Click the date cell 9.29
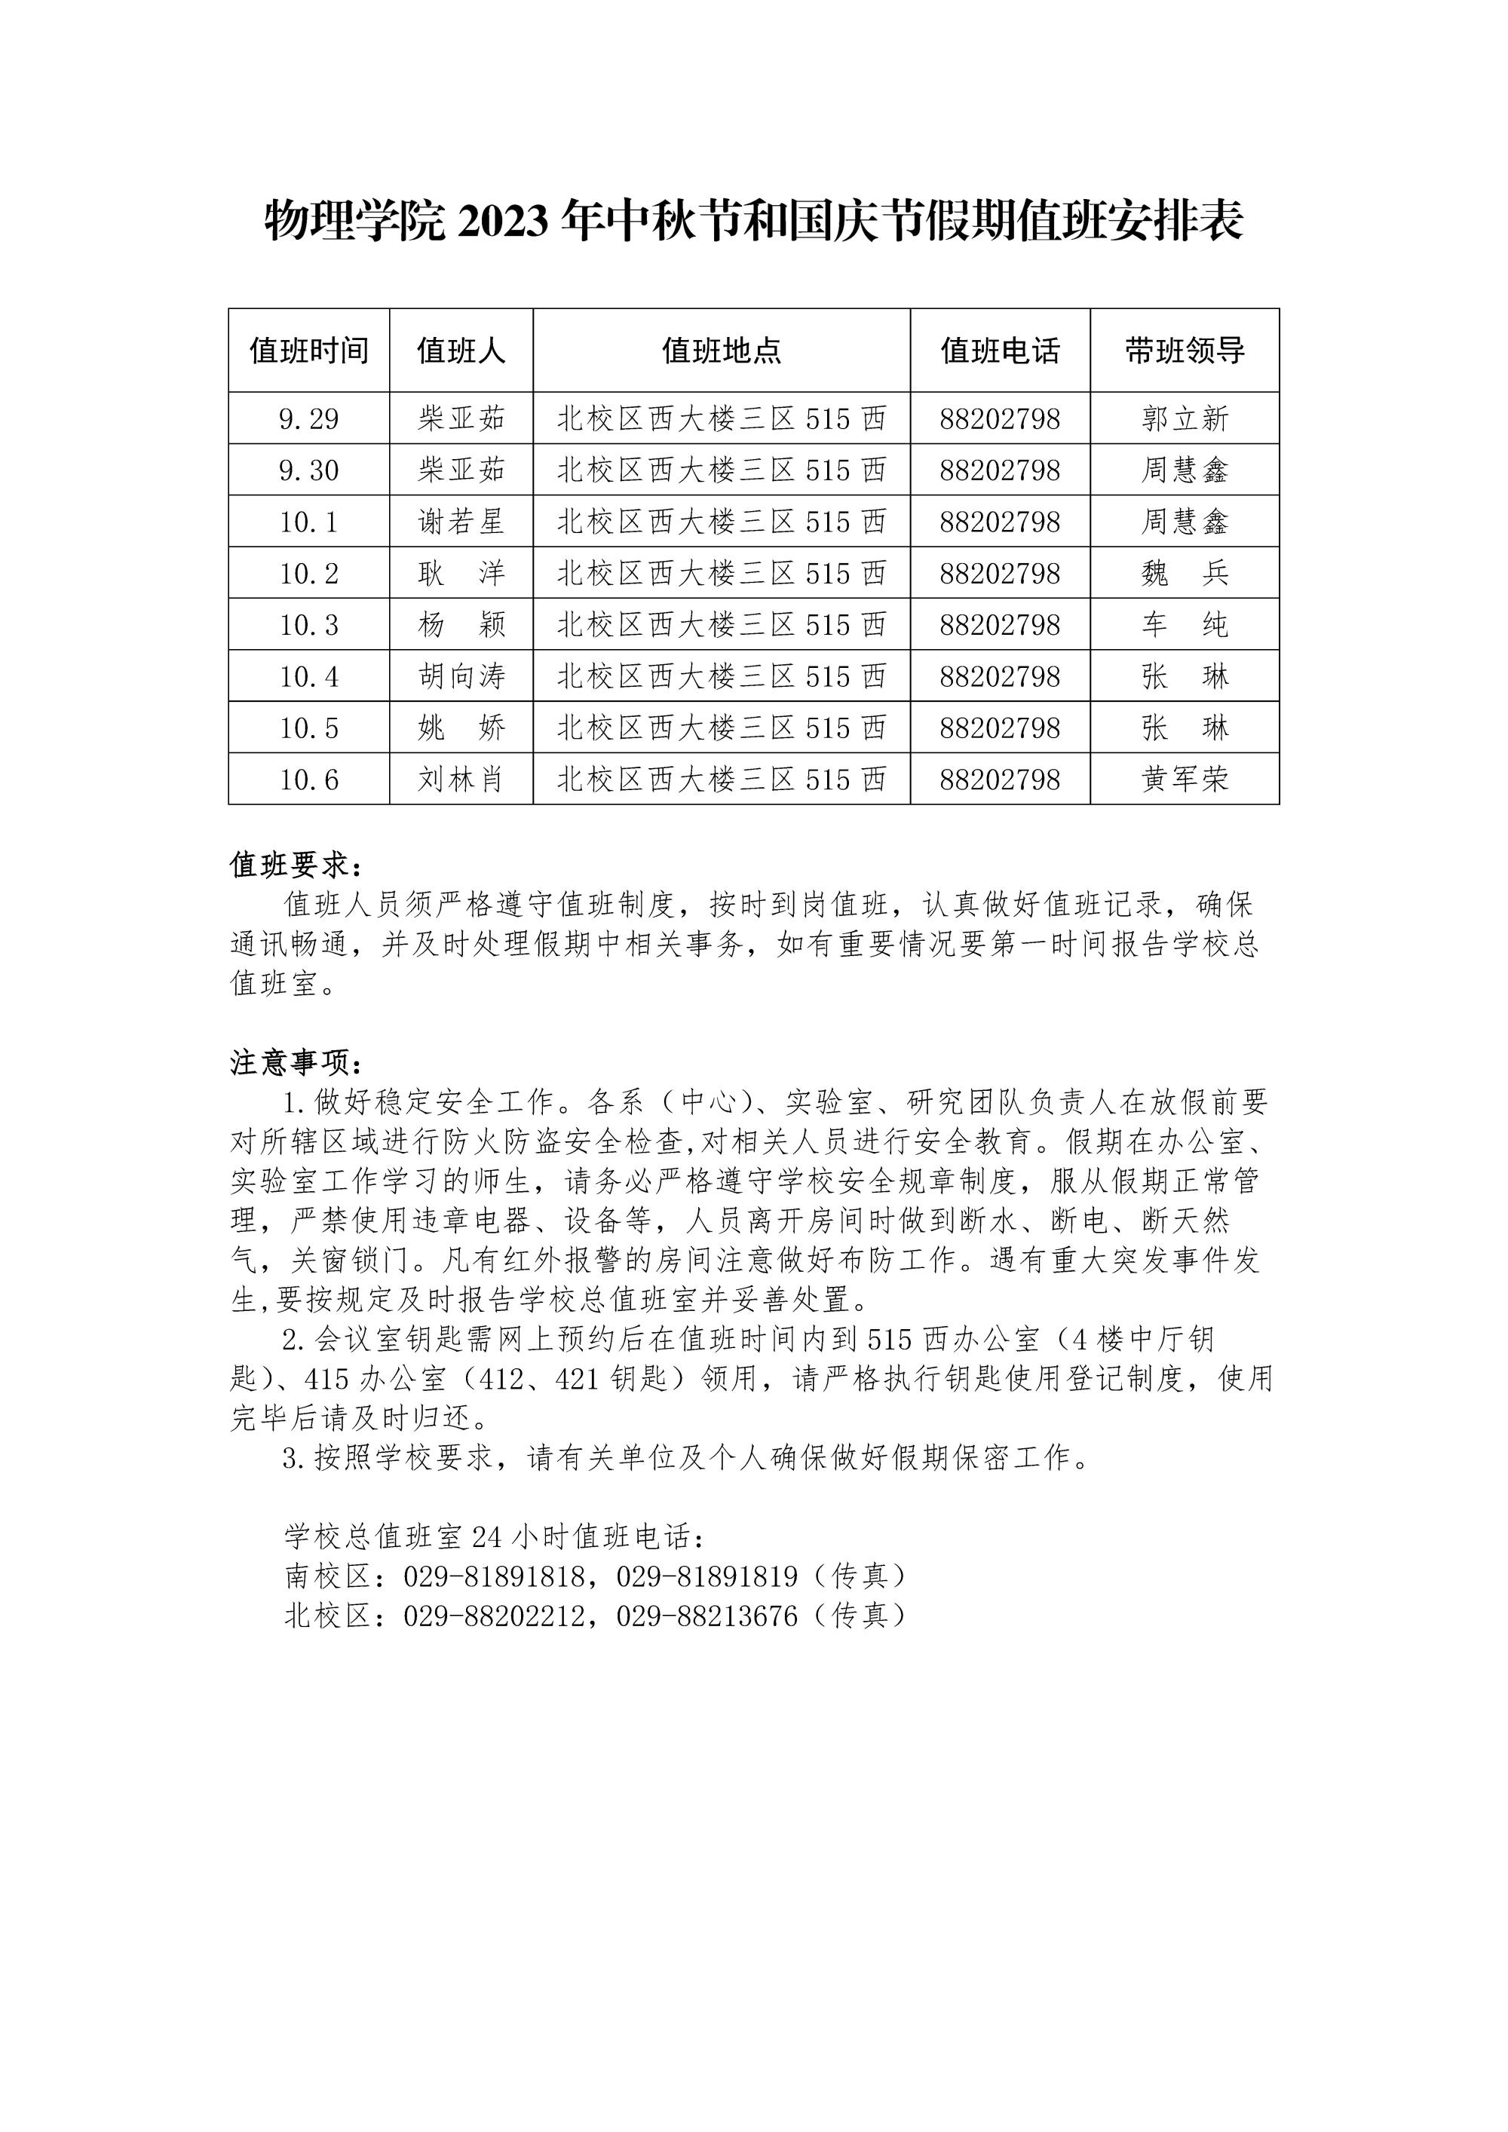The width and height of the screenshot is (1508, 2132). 308,419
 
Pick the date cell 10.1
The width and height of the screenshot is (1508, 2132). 308,522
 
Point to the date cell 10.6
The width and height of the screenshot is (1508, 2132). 308,779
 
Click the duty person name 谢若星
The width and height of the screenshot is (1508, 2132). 461,522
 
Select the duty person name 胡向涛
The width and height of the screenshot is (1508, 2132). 461,676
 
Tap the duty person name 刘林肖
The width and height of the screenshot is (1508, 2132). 461,779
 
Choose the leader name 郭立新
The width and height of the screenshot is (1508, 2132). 1184,419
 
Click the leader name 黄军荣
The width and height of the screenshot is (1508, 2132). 1184,779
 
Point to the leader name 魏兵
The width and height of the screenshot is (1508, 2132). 1184,573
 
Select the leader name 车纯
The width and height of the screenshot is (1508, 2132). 1184,625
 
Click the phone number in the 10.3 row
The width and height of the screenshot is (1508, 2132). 999,625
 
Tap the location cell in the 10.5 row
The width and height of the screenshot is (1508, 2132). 721,728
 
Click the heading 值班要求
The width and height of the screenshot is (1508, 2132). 296,865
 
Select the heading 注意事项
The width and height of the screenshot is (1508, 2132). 296,1062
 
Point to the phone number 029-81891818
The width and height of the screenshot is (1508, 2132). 494,1576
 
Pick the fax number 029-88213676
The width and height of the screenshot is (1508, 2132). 706,1616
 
